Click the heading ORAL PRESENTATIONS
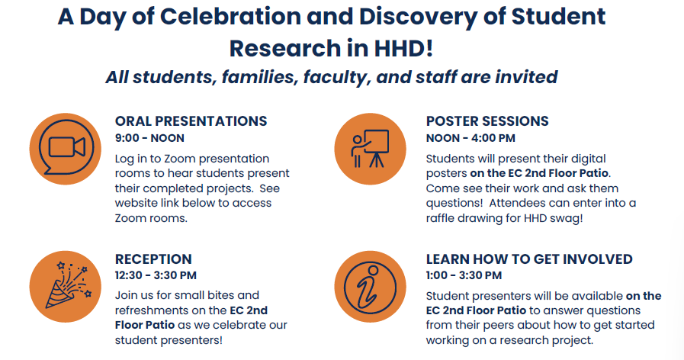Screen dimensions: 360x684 [x=191, y=121]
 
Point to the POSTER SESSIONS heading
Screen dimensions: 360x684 [x=487, y=121]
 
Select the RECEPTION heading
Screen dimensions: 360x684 [x=153, y=259]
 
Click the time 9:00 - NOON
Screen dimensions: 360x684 [x=149, y=138]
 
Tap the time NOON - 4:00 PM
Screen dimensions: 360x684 [x=470, y=138]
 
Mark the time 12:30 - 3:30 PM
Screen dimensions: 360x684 [x=156, y=275]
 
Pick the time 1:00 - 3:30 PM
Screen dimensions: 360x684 [x=464, y=275]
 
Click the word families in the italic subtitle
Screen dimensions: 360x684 [x=254, y=77]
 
